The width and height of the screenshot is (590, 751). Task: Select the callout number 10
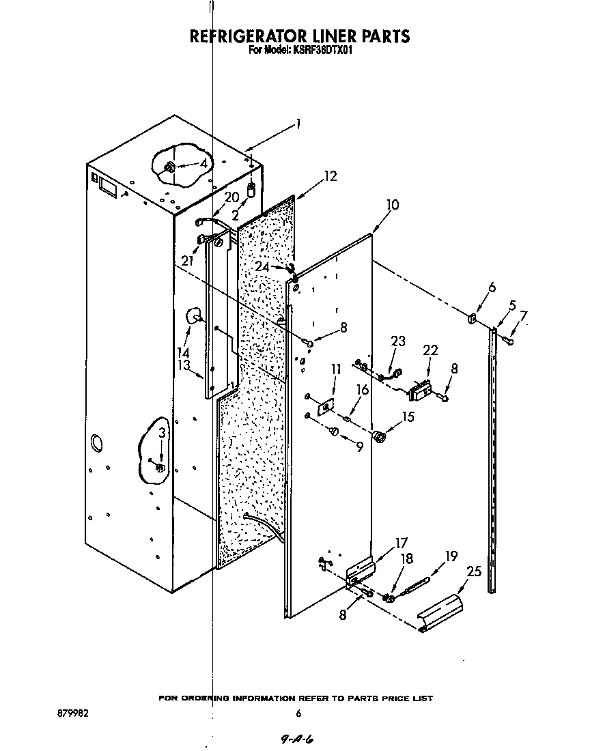pos(392,205)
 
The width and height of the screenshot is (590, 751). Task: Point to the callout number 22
pos(430,350)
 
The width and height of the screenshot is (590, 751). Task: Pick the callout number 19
pos(451,556)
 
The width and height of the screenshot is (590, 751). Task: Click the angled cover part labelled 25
pos(440,613)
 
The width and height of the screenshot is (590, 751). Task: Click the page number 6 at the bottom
pos(298,714)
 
